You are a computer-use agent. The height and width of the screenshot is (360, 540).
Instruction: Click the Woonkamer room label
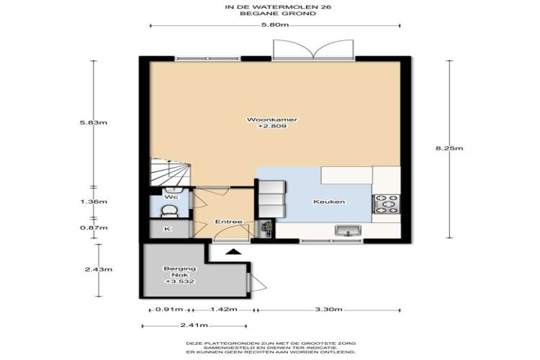click(272, 120)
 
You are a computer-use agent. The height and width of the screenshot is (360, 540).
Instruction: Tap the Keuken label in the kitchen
click(329, 202)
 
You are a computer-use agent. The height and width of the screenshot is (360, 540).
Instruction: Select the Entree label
click(229, 222)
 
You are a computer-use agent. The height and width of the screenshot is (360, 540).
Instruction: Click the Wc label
click(171, 197)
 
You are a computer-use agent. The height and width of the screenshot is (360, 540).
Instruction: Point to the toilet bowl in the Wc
click(169, 211)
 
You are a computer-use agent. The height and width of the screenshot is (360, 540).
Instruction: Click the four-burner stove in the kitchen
click(386, 204)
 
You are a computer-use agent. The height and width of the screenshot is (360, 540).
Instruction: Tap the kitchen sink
click(348, 230)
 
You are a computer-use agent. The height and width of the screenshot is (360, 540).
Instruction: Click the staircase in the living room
click(171, 172)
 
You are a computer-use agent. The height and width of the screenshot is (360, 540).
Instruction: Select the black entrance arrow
click(233, 251)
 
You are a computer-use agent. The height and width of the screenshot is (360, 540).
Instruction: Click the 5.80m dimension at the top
click(275, 24)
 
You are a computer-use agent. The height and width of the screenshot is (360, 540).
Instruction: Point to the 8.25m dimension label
click(449, 148)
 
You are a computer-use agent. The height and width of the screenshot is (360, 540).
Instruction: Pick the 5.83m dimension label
click(94, 122)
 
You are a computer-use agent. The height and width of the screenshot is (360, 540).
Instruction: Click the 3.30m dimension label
click(328, 310)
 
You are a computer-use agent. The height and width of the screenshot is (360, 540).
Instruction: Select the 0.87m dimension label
click(94, 228)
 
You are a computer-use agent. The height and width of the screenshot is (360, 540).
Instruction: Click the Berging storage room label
click(180, 269)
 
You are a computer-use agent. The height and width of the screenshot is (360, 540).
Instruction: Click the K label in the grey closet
click(167, 229)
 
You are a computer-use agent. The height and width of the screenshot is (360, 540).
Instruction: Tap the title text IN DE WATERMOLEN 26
click(278, 6)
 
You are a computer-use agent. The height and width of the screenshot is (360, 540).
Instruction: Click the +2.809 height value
click(272, 126)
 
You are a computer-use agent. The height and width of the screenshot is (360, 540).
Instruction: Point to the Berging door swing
click(258, 282)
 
